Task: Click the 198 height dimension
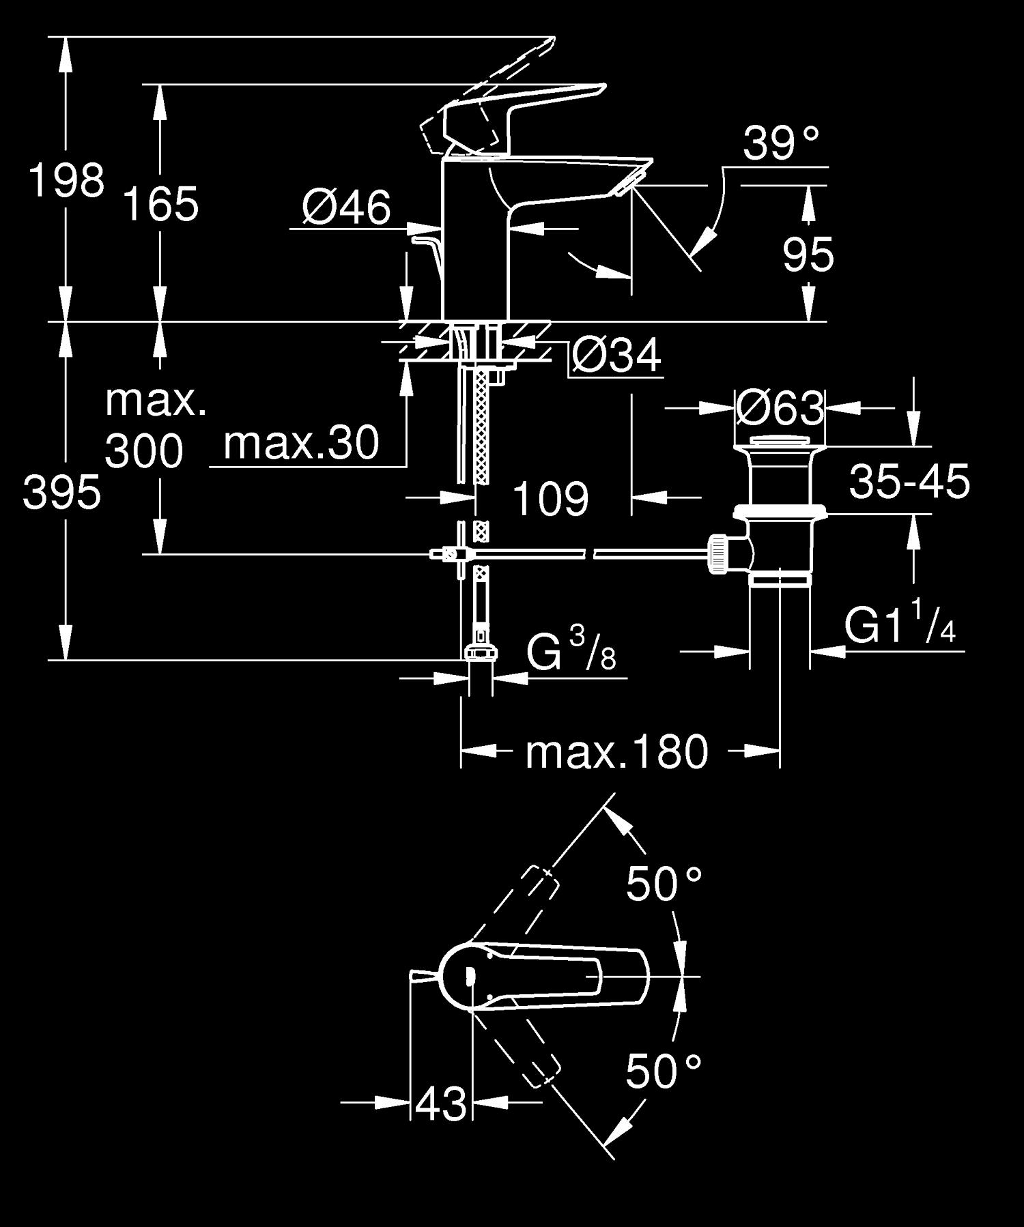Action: (x=66, y=181)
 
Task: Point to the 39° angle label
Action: (x=780, y=143)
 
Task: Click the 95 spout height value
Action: (x=808, y=255)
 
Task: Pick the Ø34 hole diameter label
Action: (x=616, y=356)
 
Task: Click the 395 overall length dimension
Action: (x=61, y=493)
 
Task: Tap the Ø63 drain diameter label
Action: (x=780, y=409)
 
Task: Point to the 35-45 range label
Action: (x=909, y=481)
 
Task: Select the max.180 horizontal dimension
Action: (x=616, y=752)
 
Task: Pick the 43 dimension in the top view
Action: (x=441, y=1103)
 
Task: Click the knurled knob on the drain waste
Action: (x=719, y=554)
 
